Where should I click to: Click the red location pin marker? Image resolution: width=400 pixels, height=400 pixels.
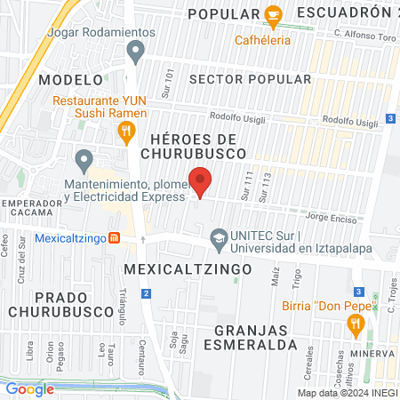point(201,182)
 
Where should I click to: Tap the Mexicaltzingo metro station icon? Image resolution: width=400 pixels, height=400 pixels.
point(114,238)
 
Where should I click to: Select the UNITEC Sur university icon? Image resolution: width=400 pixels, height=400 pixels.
point(218,237)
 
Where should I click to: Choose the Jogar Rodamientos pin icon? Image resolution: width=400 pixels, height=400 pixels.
point(135,52)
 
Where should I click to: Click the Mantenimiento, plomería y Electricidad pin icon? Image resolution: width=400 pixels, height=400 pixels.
point(84,161)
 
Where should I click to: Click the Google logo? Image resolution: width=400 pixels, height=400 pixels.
point(29,388)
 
